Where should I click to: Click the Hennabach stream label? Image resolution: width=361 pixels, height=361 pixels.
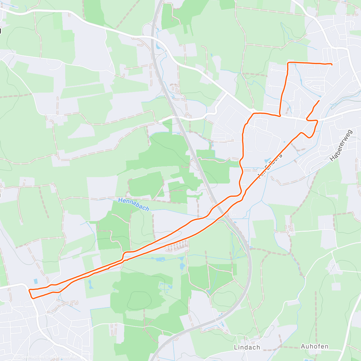(134, 204)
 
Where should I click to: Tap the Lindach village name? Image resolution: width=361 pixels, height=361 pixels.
(247, 347)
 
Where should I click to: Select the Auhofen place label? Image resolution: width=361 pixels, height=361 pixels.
(314, 346)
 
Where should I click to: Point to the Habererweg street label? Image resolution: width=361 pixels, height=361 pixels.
(341, 145)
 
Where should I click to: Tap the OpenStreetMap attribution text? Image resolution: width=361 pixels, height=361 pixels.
(62, 357)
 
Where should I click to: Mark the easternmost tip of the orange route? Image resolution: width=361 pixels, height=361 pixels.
(332, 65)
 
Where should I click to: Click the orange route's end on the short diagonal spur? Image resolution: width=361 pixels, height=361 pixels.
(319, 100)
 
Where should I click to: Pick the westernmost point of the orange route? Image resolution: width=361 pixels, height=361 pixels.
(29, 290)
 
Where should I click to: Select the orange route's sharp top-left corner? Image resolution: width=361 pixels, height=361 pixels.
(288, 63)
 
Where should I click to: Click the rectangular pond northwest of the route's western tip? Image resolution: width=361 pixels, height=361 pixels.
(36, 281)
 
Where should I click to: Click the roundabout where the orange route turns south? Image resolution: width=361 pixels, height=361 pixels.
(253, 114)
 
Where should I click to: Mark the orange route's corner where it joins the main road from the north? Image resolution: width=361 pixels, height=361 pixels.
(280, 116)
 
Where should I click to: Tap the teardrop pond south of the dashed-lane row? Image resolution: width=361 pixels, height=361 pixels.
(182, 267)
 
